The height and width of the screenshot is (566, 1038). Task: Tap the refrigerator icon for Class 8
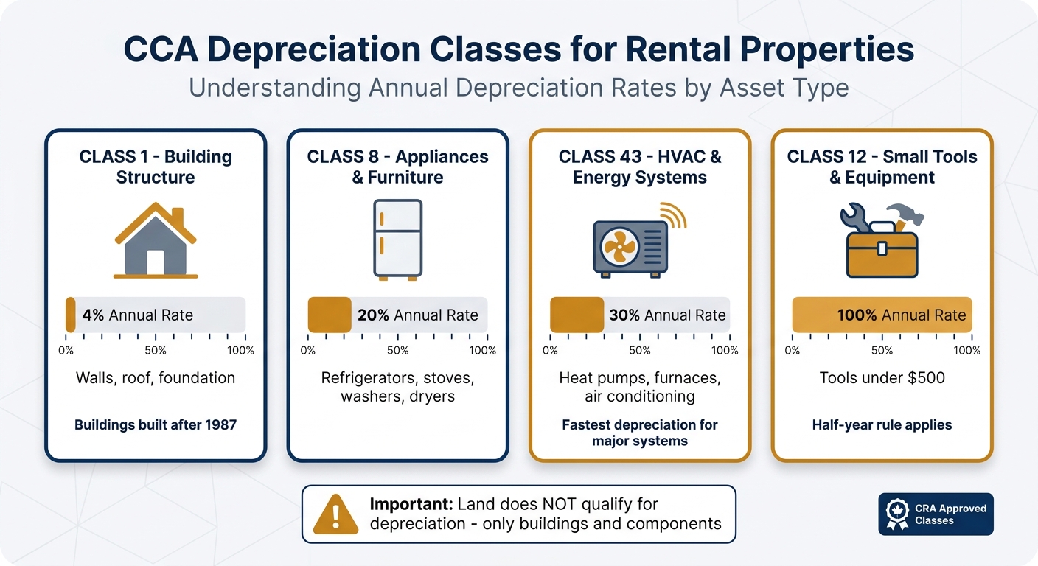[x=397, y=240]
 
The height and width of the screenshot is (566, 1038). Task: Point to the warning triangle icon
[x=335, y=514]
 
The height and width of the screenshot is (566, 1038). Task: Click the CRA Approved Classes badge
[x=936, y=514]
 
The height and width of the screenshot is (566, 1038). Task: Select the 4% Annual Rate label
[x=138, y=315]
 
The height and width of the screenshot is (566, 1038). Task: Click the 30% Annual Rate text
[x=667, y=315]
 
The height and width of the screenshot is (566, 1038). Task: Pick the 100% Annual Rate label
[x=901, y=315]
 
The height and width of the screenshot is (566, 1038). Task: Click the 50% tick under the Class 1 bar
[x=156, y=351]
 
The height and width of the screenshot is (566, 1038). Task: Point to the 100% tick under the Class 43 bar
[x=725, y=351]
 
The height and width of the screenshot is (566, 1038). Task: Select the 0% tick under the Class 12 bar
[x=793, y=351]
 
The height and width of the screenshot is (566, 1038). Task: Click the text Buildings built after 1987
[x=156, y=425]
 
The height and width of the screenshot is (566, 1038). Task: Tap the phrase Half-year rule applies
[x=882, y=425]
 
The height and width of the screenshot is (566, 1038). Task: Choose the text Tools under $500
[x=882, y=378]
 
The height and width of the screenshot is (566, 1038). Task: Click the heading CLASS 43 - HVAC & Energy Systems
[x=640, y=167]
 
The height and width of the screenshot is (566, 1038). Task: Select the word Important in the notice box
[x=410, y=505]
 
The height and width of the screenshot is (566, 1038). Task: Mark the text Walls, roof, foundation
[x=156, y=378]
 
